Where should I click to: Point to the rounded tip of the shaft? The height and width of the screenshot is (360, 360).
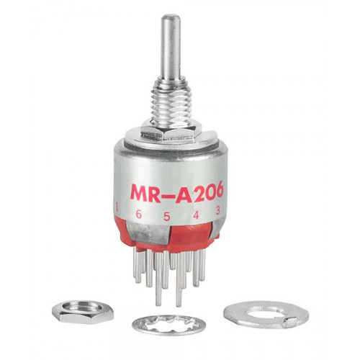171,17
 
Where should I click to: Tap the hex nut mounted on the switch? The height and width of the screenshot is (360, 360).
167,132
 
